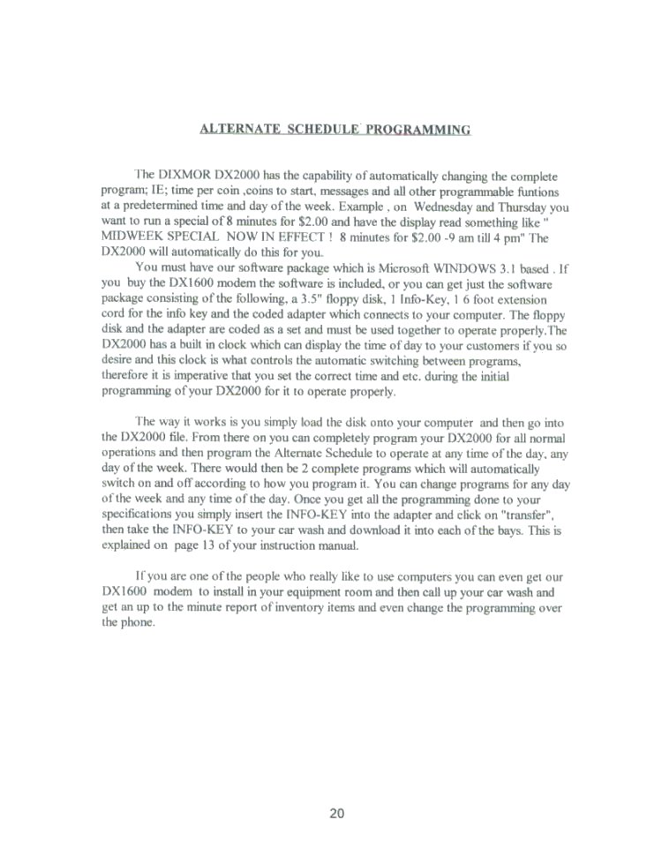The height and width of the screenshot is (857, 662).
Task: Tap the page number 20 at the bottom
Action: pos(336,814)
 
